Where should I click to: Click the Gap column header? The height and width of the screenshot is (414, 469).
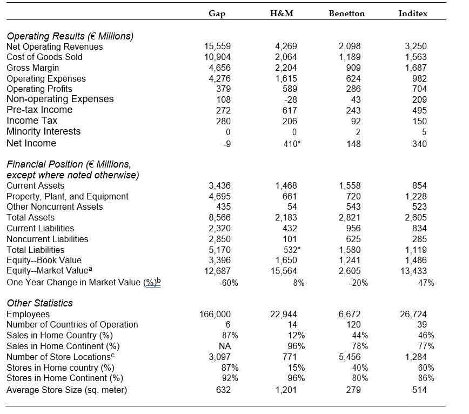[x=217, y=14]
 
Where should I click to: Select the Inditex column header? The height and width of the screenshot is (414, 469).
[x=412, y=14]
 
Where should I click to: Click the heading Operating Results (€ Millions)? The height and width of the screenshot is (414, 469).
[x=70, y=36]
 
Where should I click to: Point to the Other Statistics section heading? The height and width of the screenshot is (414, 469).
[x=39, y=303]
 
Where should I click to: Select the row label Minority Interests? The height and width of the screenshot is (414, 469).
[x=43, y=131]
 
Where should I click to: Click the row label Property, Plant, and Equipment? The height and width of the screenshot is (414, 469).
[x=68, y=196]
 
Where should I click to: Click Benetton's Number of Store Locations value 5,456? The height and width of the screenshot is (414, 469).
[x=352, y=357]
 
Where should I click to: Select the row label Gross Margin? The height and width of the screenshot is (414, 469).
[x=32, y=68]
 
